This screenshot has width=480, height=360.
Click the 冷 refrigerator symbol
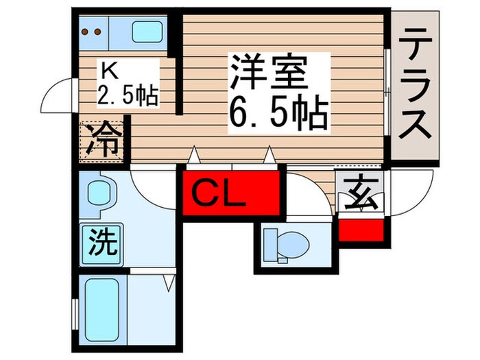point(103,139)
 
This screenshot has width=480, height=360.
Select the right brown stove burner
point(98,32)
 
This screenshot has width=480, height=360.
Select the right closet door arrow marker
point(269,156)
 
